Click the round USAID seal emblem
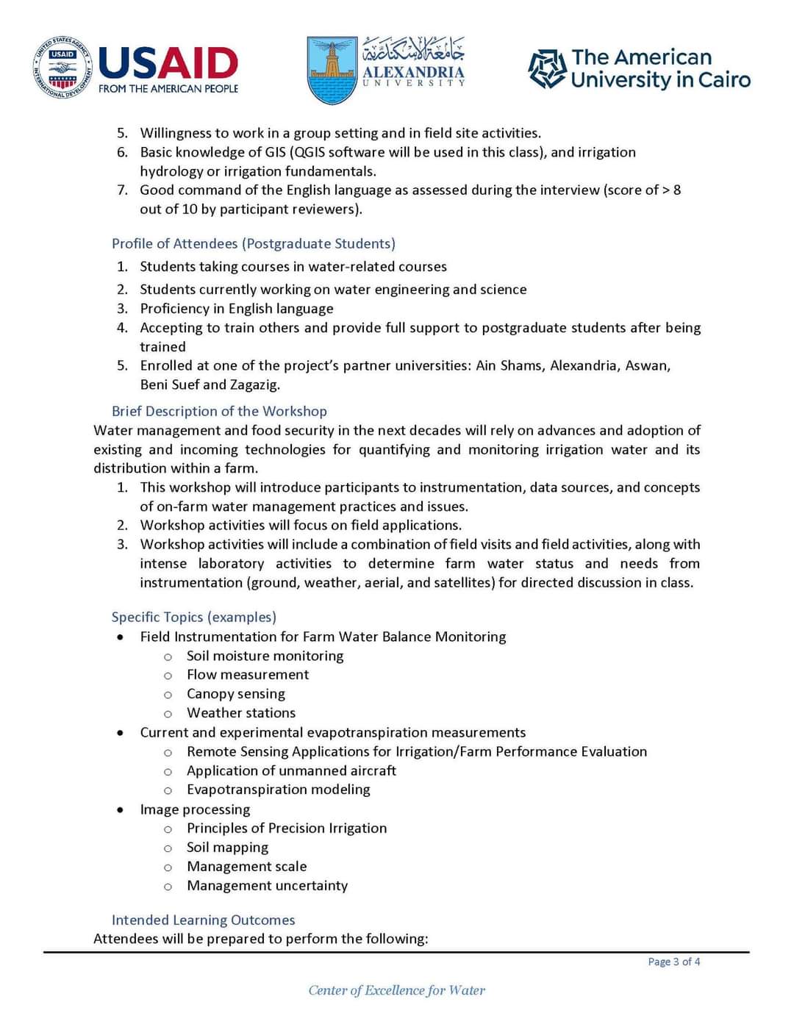pyautogui.click(x=63, y=68)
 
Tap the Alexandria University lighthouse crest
pyautogui.click(x=332, y=70)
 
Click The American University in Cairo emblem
pyautogui.click(x=547, y=69)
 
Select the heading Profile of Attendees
pyautogui.click(x=253, y=243)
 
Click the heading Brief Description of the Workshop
pyautogui.click(x=219, y=411)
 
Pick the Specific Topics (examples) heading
pyautogui.click(x=194, y=617)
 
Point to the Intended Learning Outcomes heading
pyautogui.click(x=203, y=920)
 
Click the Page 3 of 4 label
pyautogui.click(x=673, y=962)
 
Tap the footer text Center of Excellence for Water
pyautogui.click(x=396, y=990)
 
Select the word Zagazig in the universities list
pyautogui.click(x=254, y=384)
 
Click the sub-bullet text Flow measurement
pyautogui.click(x=248, y=674)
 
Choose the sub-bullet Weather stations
pyautogui.click(x=241, y=712)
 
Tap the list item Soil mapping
pyautogui.click(x=227, y=847)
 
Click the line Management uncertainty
pyautogui.click(x=267, y=885)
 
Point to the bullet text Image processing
pyautogui.click(x=195, y=809)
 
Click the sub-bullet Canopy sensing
pyautogui.click(x=235, y=693)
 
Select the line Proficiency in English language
pyautogui.click(x=237, y=308)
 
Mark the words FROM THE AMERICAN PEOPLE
pyautogui.click(x=168, y=89)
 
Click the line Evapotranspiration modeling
pyautogui.click(x=278, y=789)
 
